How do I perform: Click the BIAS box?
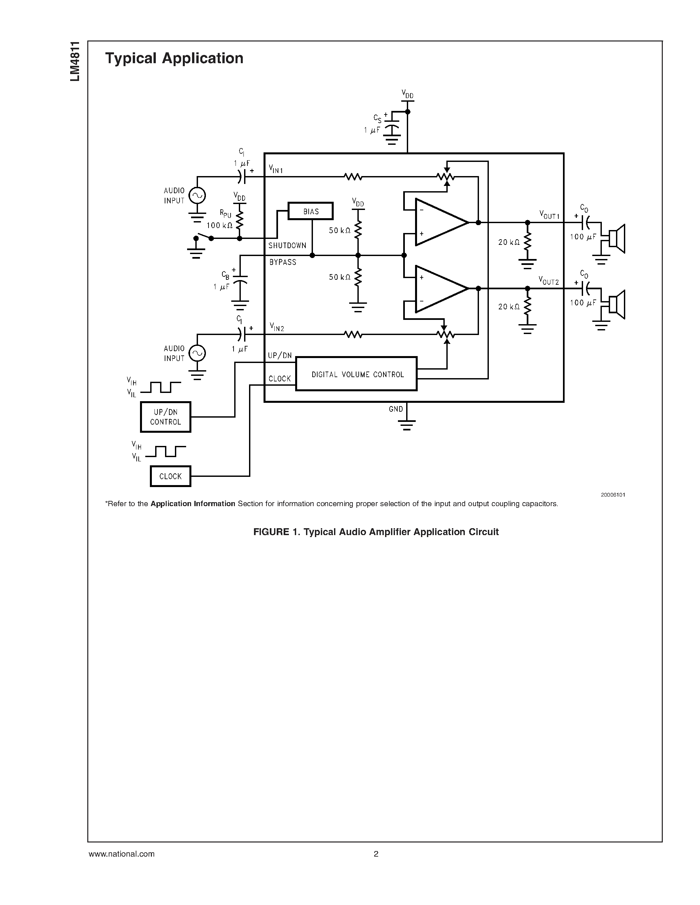coord(310,211)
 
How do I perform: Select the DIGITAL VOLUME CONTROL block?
coord(356,374)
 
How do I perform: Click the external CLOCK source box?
coord(170,476)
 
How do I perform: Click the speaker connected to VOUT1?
coord(617,239)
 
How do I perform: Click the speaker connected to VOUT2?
coord(617,304)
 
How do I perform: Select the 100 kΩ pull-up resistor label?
coord(219,226)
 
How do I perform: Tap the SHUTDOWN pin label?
coord(287,245)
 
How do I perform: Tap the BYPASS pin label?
coord(283,262)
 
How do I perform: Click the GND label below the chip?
coord(396,409)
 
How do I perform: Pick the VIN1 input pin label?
coord(276,169)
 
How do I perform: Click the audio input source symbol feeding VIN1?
coord(197,195)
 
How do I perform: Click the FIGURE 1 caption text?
coord(376,531)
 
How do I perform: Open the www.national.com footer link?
coord(122,854)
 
